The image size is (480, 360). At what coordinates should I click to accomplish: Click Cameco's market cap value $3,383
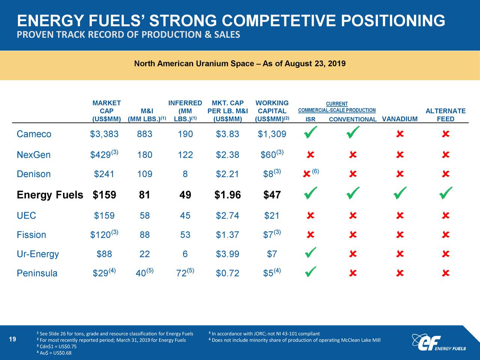(x=104, y=134)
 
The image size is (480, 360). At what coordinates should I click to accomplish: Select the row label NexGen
(x=33, y=155)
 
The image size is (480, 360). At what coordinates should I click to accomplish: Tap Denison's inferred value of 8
(x=185, y=174)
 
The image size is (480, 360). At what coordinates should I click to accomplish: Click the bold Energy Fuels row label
(x=50, y=195)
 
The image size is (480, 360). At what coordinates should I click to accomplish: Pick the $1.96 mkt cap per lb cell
(x=228, y=195)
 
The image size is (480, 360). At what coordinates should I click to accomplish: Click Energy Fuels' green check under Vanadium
(x=400, y=193)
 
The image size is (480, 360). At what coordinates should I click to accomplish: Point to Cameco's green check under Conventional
(x=352, y=133)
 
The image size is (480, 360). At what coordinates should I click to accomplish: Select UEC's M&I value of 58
(x=145, y=216)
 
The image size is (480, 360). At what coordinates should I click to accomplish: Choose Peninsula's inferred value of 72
(x=184, y=273)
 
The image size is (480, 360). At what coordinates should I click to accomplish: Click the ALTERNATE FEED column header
(x=445, y=115)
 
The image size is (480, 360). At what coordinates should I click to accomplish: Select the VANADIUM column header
(x=399, y=119)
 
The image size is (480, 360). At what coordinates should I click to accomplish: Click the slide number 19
(x=12, y=340)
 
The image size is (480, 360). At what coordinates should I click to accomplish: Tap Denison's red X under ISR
(x=306, y=174)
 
